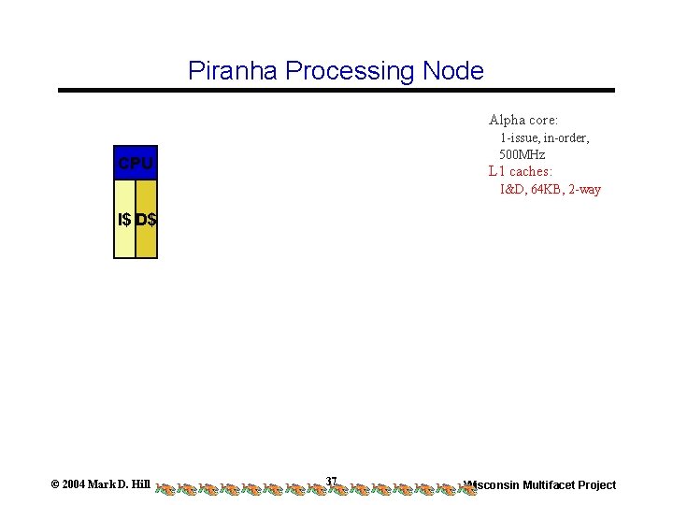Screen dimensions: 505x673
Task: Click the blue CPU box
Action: click(x=136, y=164)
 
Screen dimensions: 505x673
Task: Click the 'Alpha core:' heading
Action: click(x=523, y=120)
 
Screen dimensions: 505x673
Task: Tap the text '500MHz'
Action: click(x=523, y=154)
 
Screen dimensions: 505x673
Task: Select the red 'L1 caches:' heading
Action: click(x=520, y=172)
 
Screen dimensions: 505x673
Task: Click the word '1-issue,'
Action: click(x=522, y=137)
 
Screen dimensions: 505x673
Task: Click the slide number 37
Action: click(x=331, y=481)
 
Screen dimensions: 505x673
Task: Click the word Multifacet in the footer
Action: click(x=553, y=484)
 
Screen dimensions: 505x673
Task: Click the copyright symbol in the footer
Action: click(x=55, y=484)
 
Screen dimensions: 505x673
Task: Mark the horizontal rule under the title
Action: click(x=336, y=91)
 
